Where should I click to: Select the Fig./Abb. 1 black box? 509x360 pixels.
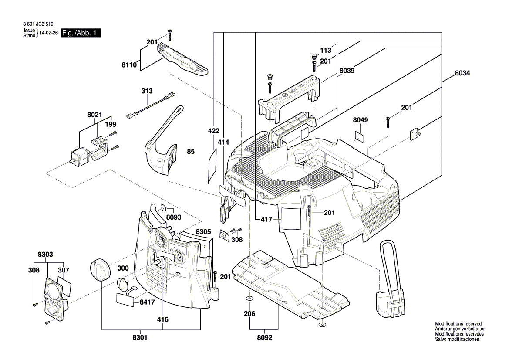pos(81,33)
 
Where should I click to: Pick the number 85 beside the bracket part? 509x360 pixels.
pos(191,152)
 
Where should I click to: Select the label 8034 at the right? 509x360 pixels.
pos(462,73)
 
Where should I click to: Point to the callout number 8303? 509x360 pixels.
pos(46,254)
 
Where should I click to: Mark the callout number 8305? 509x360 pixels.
pos(204,232)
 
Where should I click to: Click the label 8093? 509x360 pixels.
pos(174,217)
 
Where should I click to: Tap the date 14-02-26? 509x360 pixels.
pos(48,33)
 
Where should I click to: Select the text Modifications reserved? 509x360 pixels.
pos(457,324)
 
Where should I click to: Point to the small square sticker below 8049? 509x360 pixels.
pos(359,135)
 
